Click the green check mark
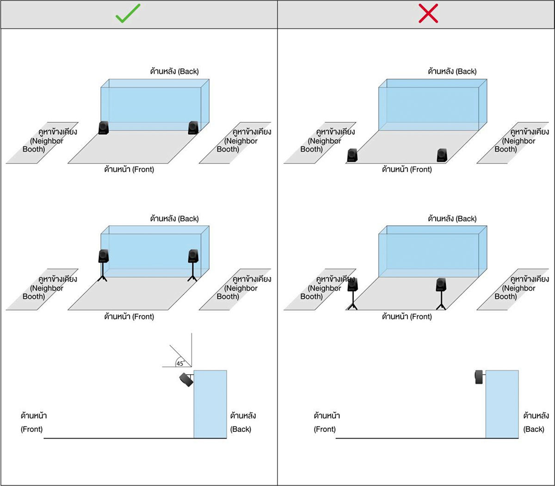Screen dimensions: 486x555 (x=128, y=14)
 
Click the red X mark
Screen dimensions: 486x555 (x=428, y=14)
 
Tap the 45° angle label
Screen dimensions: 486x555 (x=180, y=363)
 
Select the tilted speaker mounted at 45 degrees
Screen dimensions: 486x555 (x=186, y=379)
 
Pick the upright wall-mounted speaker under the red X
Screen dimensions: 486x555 (x=479, y=377)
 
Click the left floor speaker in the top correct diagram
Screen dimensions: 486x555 (x=104, y=128)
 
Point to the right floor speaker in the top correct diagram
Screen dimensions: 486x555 (x=193, y=128)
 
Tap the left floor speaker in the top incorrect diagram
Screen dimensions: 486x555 (x=352, y=155)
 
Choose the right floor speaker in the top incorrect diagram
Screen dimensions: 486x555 (x=442, y=155)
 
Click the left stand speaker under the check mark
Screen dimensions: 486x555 (x=104, y=256)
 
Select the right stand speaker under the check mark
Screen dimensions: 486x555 (x=193, y=256)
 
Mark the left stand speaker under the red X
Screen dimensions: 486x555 (x=352, y=284)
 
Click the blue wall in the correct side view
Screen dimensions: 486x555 (x=210, y=404)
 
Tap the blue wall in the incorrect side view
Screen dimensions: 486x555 (x=502, y=404)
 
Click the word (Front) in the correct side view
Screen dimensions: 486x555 (x=31, y=429)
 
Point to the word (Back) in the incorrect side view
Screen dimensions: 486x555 (x=534, y=429)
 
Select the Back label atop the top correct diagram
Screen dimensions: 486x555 (x=174, y=72)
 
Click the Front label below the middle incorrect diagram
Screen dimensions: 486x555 (x=407, y=317)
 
